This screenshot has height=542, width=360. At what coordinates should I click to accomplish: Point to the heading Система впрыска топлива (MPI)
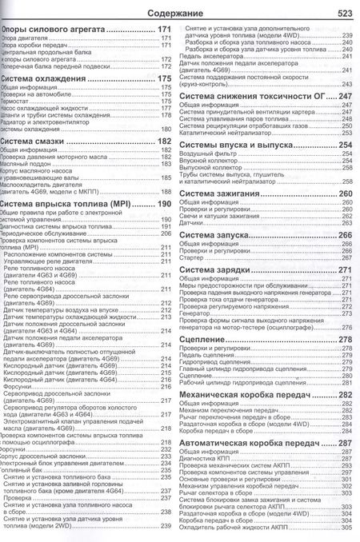(x=67, y=204)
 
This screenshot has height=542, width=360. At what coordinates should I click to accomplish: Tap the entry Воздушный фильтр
(x=210, y=153)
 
